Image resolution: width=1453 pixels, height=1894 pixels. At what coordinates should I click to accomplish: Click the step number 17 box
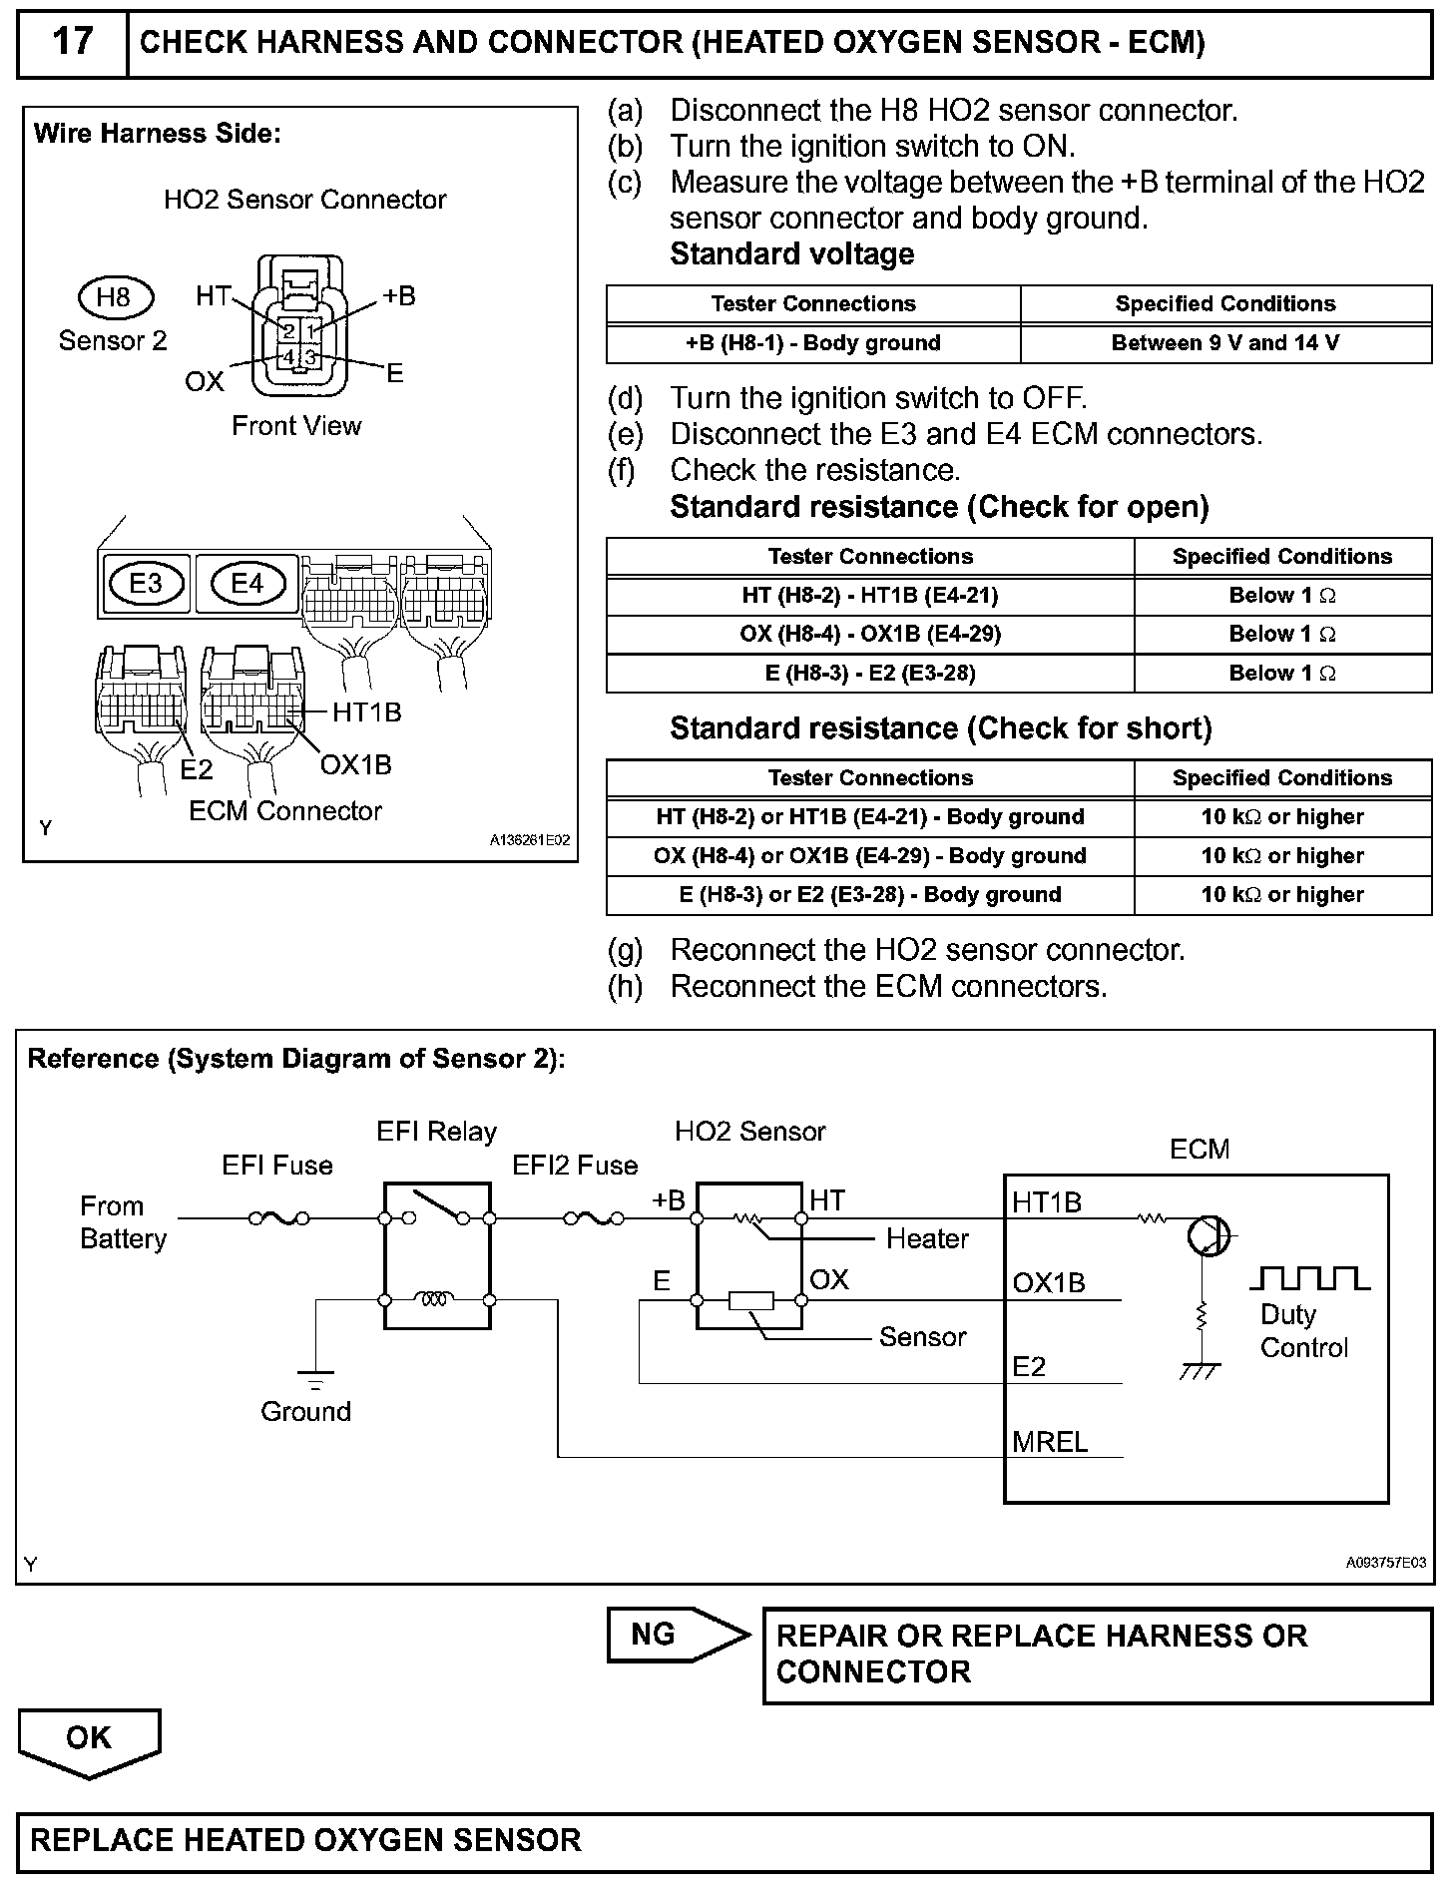pyautogui.click(x=72, y=43)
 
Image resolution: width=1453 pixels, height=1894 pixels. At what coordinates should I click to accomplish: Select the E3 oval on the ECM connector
pyautogui.click(x=146, y=583)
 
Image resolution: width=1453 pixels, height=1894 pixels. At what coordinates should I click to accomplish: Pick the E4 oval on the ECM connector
pyautogui.click(x=246, y=583)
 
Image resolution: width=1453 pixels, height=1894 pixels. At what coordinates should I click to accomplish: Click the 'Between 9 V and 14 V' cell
pyautogui.click(x=1224, y=343)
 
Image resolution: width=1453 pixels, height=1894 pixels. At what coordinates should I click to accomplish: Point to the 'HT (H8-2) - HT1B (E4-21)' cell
pyautogui.click(x=869, y=596)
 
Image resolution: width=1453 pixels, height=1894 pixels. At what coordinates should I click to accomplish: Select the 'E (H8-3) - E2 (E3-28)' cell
pyautogui.click(x=869, y=674)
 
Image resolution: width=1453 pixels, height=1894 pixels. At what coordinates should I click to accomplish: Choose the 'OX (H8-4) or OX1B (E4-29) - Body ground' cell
pyautogui.click(x=869, y=856)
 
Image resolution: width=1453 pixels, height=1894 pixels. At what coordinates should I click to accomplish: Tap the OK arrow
pyautogui.click(x=89, y=1740)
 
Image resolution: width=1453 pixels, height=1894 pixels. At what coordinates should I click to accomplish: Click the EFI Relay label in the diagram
pyautogui.click(x=436, y=1132)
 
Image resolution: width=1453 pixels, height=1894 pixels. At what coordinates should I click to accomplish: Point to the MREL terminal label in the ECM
pyautogui.click(x=1050, y=1441)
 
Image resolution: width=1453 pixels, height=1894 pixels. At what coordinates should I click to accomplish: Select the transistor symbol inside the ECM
pyautogui.click(x=1209, y=1237)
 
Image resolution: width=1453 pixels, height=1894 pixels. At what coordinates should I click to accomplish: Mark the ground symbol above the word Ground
pyautogui.click(x=316, y=1379)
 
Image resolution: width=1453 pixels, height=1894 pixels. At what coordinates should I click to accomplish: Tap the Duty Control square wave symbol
pyautogui.click(x=1309, y=1278)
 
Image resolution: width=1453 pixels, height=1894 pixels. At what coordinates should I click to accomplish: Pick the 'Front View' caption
pyautogui.click(x=296, y=426)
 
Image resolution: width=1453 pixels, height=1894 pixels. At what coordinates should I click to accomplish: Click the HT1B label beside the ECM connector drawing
pyautogui.click(x=366, y=712)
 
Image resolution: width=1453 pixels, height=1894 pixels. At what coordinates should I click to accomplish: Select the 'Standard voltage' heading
pyautogui.click(x=791, y=254)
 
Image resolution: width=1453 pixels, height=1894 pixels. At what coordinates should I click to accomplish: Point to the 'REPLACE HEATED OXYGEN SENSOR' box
pyautogui.click(x=725, y=1841)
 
